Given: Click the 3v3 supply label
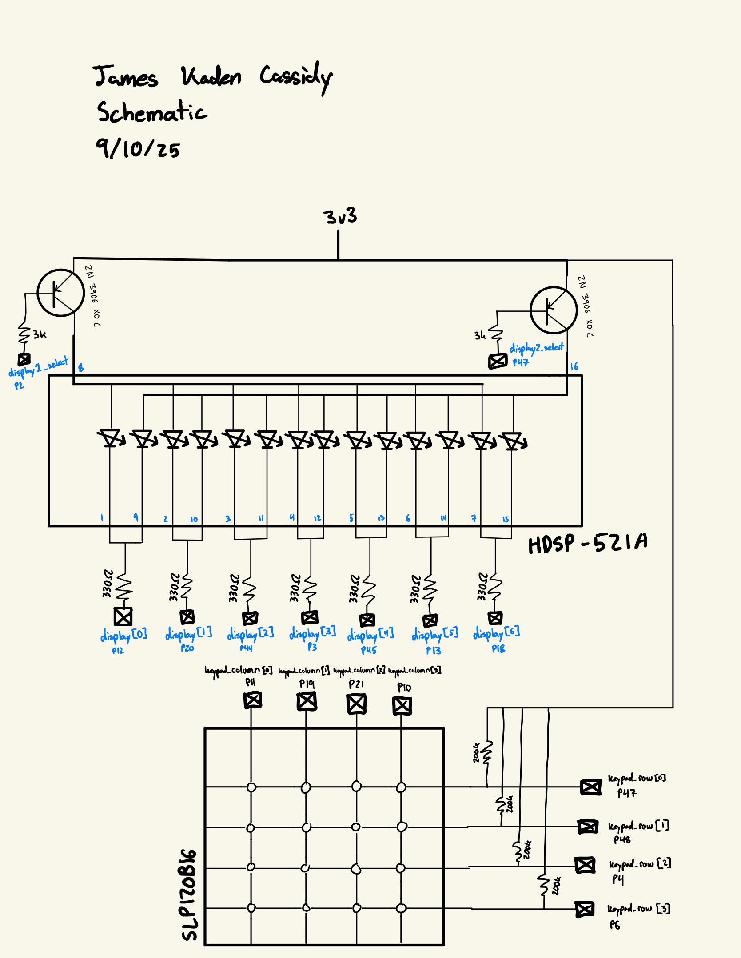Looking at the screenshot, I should (340, 217).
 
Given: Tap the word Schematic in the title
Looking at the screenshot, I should (151, 112).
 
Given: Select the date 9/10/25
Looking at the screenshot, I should (138, 148).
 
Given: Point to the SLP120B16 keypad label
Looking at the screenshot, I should (189, 894).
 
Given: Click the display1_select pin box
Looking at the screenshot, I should (24, 359).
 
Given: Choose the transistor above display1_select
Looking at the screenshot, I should (60, 293).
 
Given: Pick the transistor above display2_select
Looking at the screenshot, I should (554, 310).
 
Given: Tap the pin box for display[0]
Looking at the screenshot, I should (123, 616).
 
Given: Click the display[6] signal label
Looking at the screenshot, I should (496, 632).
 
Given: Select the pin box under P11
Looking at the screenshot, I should (253, 700).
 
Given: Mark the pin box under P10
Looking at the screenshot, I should (402, 705).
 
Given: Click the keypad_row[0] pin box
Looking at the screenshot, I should (591, 787).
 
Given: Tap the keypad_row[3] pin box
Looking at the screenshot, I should (585, 909).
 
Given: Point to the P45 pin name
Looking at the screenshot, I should (369, 650).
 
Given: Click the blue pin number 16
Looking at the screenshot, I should (574, 366).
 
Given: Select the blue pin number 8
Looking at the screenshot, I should (81, 368).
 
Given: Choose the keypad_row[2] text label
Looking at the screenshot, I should (640, 864).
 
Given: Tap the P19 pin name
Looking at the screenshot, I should (307, 684).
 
